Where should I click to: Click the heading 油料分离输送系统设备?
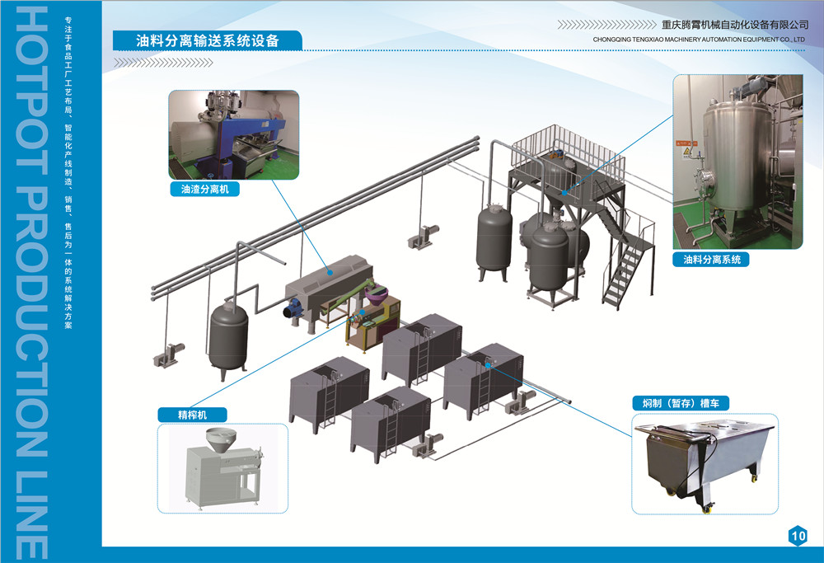click(207, 40)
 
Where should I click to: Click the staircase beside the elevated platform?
click(624, 264)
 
